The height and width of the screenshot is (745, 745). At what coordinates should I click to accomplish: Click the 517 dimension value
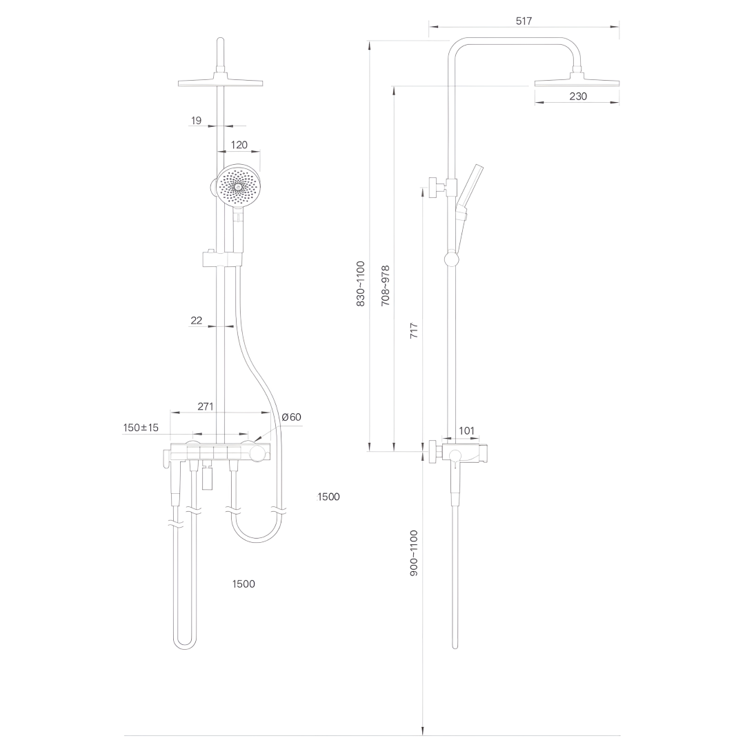click(x=524, y=21)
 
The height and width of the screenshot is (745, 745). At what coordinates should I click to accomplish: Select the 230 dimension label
click(x=578, y=97)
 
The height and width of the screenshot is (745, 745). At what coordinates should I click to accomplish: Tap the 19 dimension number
click(x=196, y=121)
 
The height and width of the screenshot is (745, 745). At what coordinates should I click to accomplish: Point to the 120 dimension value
click(x=239, y=145)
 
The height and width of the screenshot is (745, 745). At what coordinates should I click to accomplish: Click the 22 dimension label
click(x=196, y=320)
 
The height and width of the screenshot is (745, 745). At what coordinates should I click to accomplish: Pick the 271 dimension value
click(x=206, y=406)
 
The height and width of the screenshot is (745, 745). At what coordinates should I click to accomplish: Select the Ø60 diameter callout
click(x=292, y=417)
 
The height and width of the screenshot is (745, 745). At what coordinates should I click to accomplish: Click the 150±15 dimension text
click(x=141, y=428)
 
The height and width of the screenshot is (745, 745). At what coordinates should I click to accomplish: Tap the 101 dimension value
click(x=466, y=431)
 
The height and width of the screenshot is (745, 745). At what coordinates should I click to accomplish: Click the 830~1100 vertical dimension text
click(x=360, y=284)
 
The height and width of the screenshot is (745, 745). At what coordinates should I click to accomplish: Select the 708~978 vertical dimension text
click(x=385, y=286)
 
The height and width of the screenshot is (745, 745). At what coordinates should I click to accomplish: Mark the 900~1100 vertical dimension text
click(x=414, y=553)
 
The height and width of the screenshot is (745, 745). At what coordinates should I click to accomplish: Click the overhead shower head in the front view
click(x=220, y=83)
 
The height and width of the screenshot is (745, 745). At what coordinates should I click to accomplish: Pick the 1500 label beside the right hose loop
click(x=328, y=497)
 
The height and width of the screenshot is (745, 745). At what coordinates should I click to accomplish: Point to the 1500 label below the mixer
click(x=244, y=584)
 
